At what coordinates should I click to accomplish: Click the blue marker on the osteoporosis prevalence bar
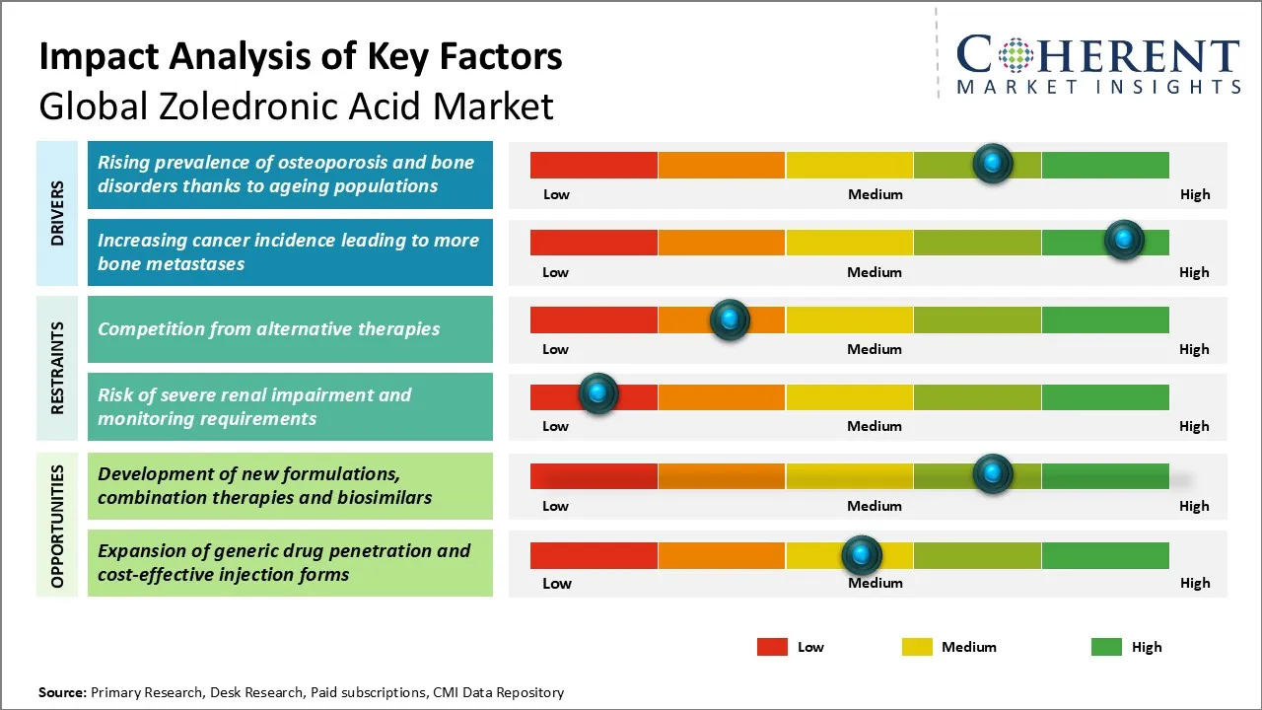993,163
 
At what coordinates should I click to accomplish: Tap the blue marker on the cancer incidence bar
1124,240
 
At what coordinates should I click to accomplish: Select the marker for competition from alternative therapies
730,319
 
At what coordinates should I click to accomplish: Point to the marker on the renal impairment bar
597,393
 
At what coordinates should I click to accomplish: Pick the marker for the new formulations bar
993,473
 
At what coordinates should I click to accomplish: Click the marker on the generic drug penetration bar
862,555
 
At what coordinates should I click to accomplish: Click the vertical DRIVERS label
57,212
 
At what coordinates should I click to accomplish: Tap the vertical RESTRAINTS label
57,368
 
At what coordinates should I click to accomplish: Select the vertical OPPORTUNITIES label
57,526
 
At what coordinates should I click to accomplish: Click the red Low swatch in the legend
772,647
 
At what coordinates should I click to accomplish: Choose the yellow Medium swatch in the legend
917,647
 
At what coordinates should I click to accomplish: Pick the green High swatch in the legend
1106,647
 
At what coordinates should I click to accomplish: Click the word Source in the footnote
62,692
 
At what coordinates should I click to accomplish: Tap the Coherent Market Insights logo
1097,64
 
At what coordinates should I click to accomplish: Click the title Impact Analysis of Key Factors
301,56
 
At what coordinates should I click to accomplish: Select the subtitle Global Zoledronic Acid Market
296,106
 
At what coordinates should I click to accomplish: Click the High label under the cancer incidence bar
1194,272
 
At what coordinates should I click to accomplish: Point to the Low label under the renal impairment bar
555,426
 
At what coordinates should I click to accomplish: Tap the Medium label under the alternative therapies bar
875,349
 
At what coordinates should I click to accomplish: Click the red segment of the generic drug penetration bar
594,555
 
